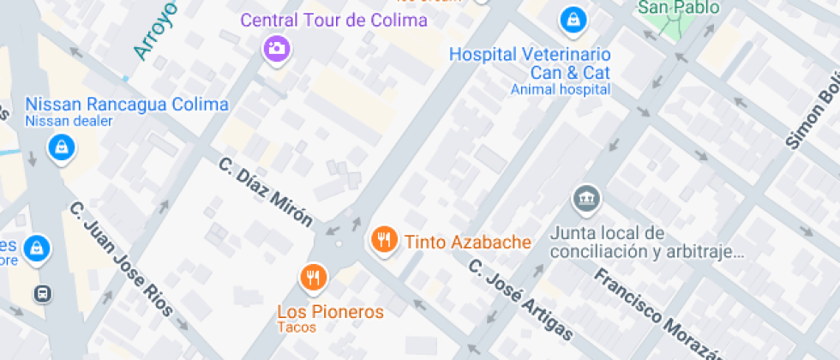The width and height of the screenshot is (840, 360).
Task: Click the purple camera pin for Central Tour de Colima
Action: click(275, 47)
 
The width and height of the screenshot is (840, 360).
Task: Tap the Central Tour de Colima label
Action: click(333, 21)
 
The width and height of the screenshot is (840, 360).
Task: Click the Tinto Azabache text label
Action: click(468, 243)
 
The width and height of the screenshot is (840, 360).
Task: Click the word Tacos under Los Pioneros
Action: click(297, 327)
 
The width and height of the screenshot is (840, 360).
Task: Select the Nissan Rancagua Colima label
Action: click(127, 105)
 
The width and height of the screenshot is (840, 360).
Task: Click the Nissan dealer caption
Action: click(69, 121)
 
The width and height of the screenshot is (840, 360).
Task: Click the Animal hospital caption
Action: click(561, 89)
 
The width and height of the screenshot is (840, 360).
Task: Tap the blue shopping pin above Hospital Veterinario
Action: click(572, 17)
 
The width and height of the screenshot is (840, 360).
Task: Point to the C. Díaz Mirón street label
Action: click(265, 191)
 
